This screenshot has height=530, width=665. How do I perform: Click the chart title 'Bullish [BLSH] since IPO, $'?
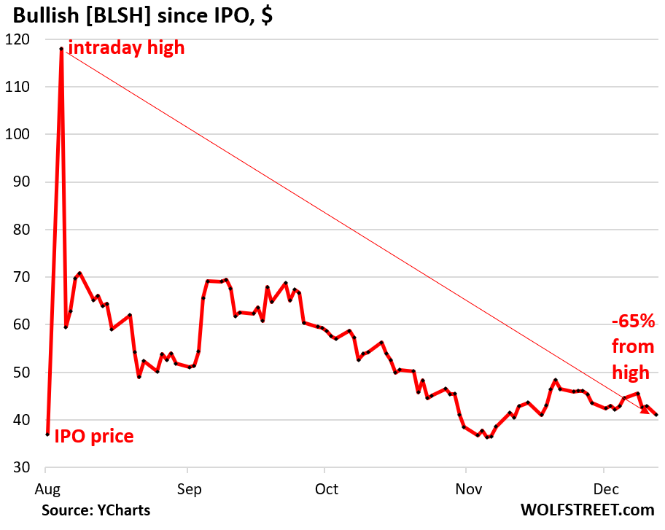pyautogui.click(x=139, y=16)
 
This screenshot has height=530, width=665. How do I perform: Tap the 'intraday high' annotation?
pyautogui.click(x=126, y=49)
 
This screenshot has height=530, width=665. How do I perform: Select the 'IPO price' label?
pyautogui.click(x=94, y=436)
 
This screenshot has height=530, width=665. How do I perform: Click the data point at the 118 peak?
pyautogui.click(x=61, y=49)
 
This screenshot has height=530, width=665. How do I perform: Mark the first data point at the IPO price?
pyautogui.click(x=47, y=434)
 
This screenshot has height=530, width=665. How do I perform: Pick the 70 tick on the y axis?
pyautogui.click(x=23, y=277)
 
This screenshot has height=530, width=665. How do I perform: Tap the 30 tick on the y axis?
pyautogui.click(x=23, y=467)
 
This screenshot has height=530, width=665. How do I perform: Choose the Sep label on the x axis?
pyautogui.click(x=187, y=488)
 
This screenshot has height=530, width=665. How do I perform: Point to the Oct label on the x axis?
pyautogui.click(x=326, y=488)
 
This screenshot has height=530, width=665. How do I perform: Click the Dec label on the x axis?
pyautogui.click(x=603, y=488)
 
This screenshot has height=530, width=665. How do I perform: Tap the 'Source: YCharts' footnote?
pyautogui.click(x=96, y=510)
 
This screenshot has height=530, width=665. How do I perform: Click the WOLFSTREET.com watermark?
pyautogui.click(x=587, y=510)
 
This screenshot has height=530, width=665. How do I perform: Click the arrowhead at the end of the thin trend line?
pyautogui.click(x=645, y=410)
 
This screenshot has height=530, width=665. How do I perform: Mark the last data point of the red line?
pyautogui.click(x=657, y=416)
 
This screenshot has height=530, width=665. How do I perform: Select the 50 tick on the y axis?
pyautogui.click(x=23, y=373)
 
